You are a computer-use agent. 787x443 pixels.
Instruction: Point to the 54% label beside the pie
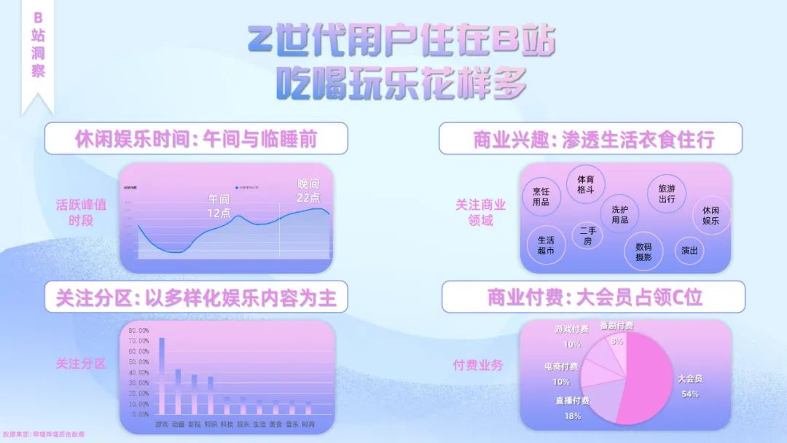point(689,394)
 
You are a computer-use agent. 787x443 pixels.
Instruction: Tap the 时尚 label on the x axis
point(309,423)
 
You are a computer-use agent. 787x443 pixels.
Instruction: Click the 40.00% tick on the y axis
point(138,372)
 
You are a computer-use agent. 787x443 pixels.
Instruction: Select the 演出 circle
point(689,251)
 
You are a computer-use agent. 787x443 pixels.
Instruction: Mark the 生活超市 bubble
point(546,245)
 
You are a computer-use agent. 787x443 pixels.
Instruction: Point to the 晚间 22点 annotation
point(309,190)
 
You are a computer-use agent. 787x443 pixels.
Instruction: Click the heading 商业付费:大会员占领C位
point(593,297)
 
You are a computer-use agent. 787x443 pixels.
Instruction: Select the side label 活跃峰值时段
point(82,212)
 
